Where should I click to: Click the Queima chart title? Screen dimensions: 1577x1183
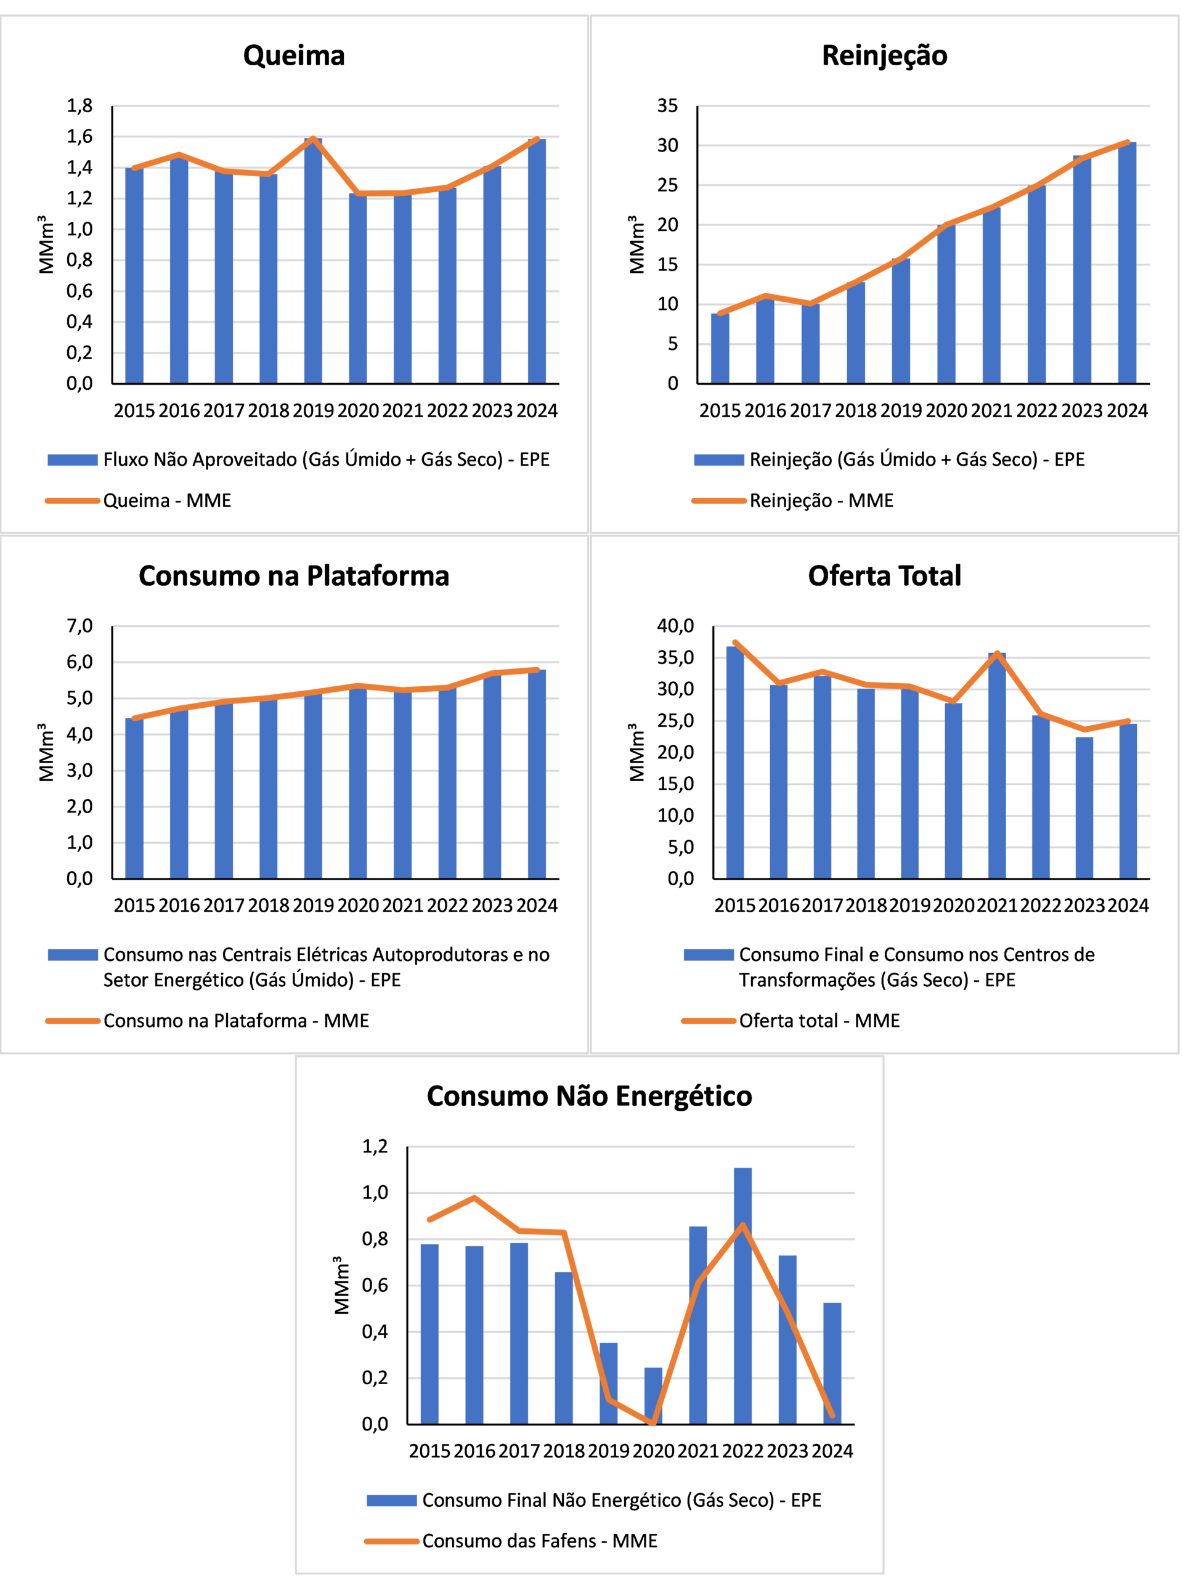pos(294,55)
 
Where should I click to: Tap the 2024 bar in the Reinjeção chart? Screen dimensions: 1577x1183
pos(1128,263)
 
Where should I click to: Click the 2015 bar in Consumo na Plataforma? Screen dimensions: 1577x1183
pos(134,798)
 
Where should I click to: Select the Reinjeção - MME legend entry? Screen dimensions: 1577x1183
pos(821,500)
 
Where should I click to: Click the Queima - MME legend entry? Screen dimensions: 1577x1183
pos(167,500)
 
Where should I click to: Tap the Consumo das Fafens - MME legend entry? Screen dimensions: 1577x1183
pos(539,1541)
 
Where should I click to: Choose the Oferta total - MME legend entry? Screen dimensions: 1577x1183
pos(819,1020)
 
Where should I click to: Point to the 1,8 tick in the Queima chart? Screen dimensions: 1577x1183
pos(80,106)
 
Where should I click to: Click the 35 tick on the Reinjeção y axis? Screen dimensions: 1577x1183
pos(667,106)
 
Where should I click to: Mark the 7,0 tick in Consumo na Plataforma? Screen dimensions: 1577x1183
pos(80,626)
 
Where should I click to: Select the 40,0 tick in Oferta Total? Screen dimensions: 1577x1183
pos(675,626)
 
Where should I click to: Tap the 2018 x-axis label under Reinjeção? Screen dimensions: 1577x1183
pos(856,411)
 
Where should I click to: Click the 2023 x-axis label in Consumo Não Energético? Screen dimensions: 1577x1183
pos(787,1451)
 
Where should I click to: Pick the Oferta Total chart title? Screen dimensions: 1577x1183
pos(884,575)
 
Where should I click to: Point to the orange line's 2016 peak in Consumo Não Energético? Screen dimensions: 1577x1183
pos(474,1198)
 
